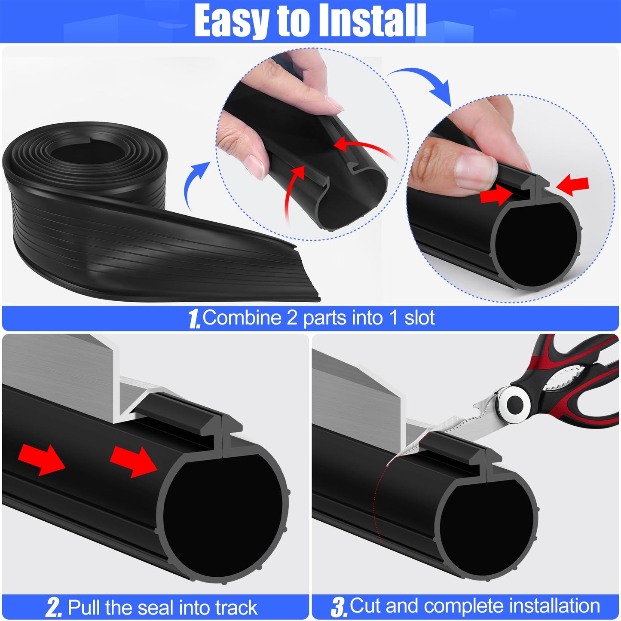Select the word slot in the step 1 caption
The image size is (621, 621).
(419, 318)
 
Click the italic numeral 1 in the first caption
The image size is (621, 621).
(194, 319)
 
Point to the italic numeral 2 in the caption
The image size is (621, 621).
(54, 608)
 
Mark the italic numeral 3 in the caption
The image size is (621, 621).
(339, 607)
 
